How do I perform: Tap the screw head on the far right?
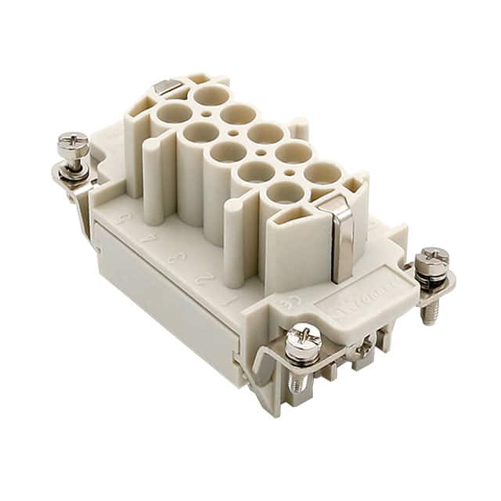[432, 258]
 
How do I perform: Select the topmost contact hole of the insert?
[211, 96]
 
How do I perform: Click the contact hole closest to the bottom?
[284, 192]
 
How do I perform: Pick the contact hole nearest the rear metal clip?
[173, 116]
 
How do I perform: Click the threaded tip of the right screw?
[427, 312]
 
